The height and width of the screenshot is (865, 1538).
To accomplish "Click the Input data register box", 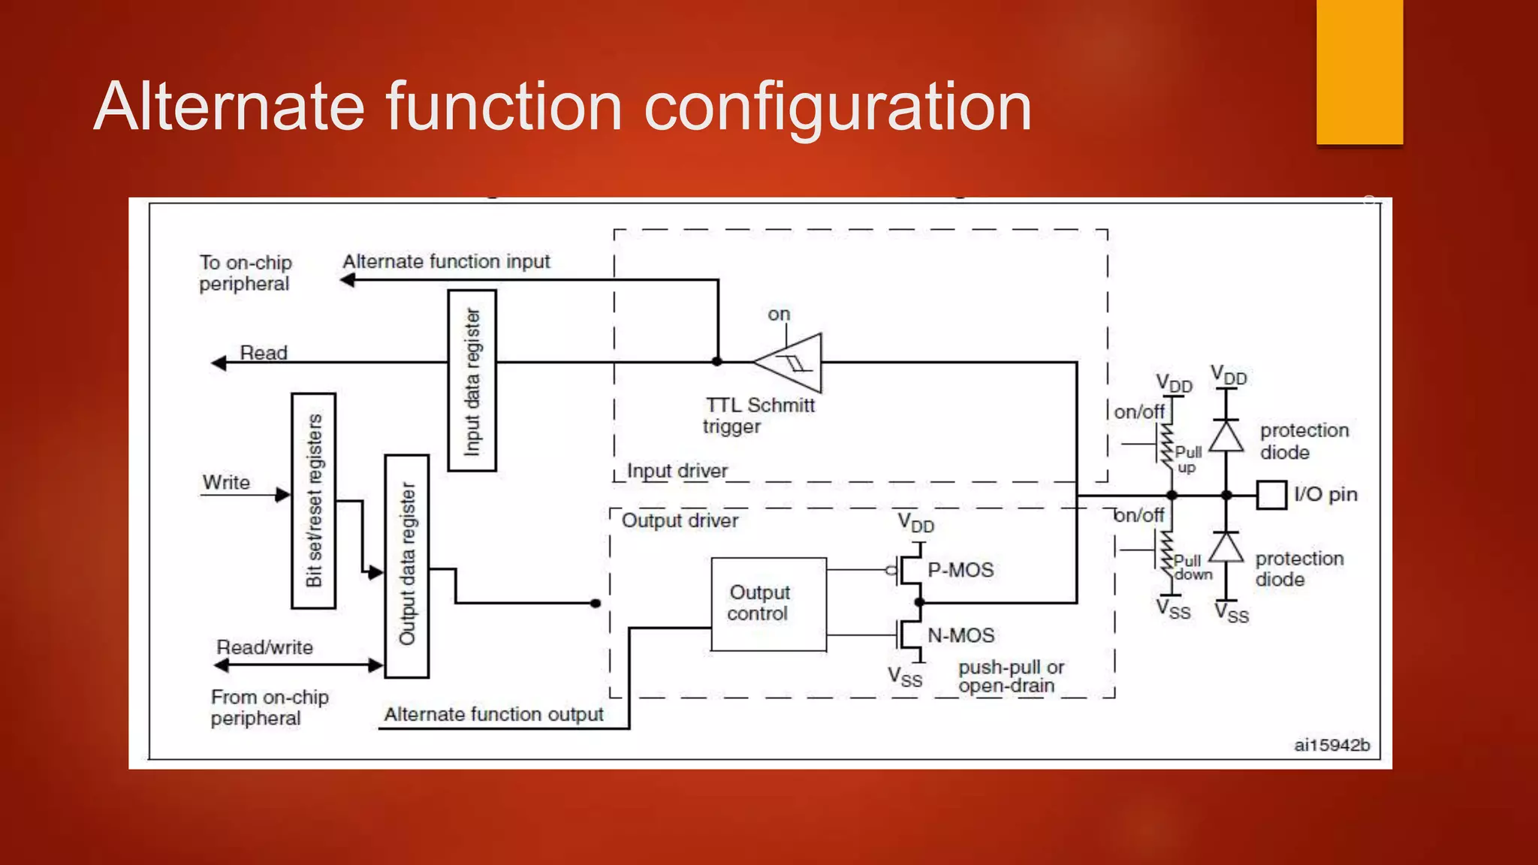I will (x=472, y=381).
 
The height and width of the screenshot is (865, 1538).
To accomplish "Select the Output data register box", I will (x=406, y=566).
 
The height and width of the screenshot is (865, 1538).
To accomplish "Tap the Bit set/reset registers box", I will (x=313, y=501).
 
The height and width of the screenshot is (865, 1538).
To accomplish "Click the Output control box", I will (x=768, y=604).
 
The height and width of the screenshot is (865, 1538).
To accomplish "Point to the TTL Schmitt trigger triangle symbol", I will (x=792, y=363).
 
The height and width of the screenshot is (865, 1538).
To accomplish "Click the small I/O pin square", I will (x=1271, y=495).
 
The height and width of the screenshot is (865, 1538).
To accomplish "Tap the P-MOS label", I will (x=960, y=570).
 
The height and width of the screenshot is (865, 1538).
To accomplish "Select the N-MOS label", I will (x=960, y=635).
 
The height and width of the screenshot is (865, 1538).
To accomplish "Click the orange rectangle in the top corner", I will (x=1359, y=71).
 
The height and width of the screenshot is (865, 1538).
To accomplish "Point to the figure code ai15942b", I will (x=1331, y=745).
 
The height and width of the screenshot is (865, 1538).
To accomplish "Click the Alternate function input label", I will (x=446, y=261).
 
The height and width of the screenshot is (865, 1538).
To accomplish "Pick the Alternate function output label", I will (x=493, y=714).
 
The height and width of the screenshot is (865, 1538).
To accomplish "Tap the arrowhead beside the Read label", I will (x=219, y=363).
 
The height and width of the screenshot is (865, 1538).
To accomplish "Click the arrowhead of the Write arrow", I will (x=283, y=494).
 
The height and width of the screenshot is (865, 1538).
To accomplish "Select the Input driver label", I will (x=677, y=471).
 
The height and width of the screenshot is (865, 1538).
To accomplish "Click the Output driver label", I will (x=680, y=520).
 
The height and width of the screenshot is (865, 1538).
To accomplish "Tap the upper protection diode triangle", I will (x=1226, y=436).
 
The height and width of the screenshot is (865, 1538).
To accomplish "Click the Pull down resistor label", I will (x=1193, y=568).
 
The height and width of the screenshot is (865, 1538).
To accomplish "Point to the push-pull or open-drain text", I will (x=1011, y=677).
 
